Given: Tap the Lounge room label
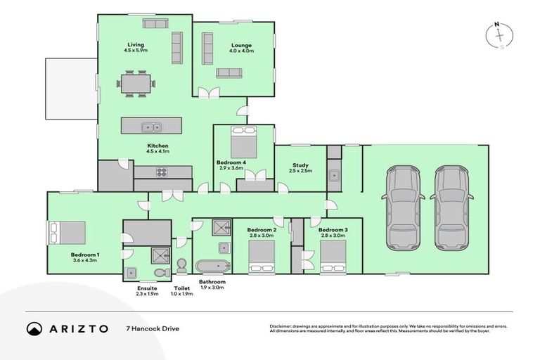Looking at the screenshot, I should (240, 46).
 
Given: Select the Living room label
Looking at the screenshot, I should (135, 45).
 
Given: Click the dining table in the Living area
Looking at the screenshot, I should (134, 84).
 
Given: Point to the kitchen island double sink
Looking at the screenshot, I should (151, 127).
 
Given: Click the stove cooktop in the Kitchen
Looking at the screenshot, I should (160, 172).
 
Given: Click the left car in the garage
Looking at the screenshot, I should (402, 207).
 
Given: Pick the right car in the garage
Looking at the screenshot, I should (450, 207).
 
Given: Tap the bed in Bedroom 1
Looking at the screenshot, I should (67, 231).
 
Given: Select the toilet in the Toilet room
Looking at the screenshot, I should (182, 264).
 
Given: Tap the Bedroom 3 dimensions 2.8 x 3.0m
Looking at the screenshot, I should (332, 236).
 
